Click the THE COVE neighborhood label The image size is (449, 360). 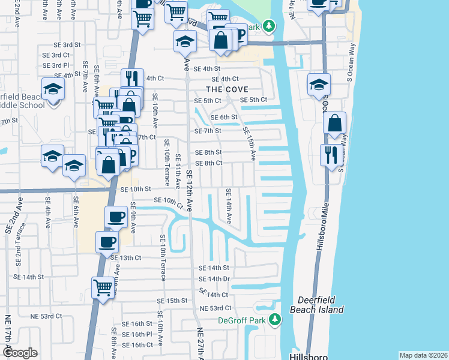[x=228, y=89]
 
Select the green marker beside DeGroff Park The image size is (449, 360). [x=275, y=319]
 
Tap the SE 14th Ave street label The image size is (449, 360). [x=229, y=206]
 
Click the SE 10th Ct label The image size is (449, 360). [x=169, y=201]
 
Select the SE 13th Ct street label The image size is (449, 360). [x=126, y=257]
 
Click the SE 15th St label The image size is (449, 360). [x=173, y=301]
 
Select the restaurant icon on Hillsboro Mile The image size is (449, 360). [x=330, y=155]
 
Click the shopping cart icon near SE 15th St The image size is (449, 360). [x=103, y=288]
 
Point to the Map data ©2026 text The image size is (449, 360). [x=423, y=355]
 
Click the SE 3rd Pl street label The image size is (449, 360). [x=56, y=65]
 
